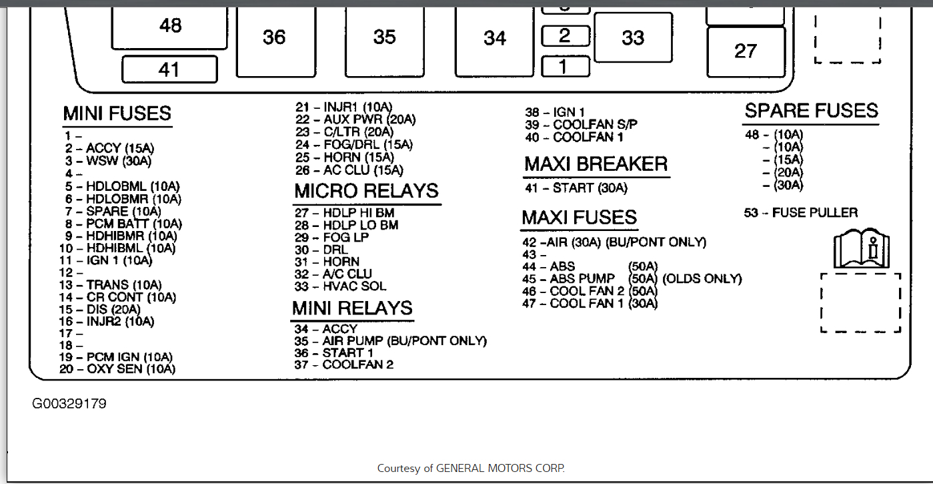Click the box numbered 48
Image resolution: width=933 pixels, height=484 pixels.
(171, 25)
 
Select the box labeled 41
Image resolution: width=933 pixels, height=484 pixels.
(169, 69)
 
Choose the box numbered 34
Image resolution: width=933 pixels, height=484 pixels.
(495, 39)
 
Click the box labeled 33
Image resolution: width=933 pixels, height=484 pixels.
(633, 38)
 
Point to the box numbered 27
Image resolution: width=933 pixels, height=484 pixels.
(746, 51)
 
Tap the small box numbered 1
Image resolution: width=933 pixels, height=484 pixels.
(565, 67)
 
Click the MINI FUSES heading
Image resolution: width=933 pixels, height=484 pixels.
(117, 113)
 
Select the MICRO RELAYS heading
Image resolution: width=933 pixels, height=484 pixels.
(367, 191)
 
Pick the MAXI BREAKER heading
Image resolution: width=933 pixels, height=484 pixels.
(596, 164)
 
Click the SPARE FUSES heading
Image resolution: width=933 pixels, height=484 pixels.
(811, 111)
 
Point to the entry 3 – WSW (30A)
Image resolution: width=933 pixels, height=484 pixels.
(109, 161)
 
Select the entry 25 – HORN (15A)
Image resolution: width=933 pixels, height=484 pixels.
(345, 158)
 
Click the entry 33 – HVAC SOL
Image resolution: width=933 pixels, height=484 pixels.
(340, 286)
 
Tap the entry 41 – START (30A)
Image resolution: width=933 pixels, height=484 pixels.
(576, 188)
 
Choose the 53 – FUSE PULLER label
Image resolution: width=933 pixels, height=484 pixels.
(801, 213)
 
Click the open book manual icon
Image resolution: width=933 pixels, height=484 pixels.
(861, 249)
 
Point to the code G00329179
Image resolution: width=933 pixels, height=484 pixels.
(69, 404)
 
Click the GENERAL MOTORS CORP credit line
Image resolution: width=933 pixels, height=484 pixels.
(471, 469)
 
